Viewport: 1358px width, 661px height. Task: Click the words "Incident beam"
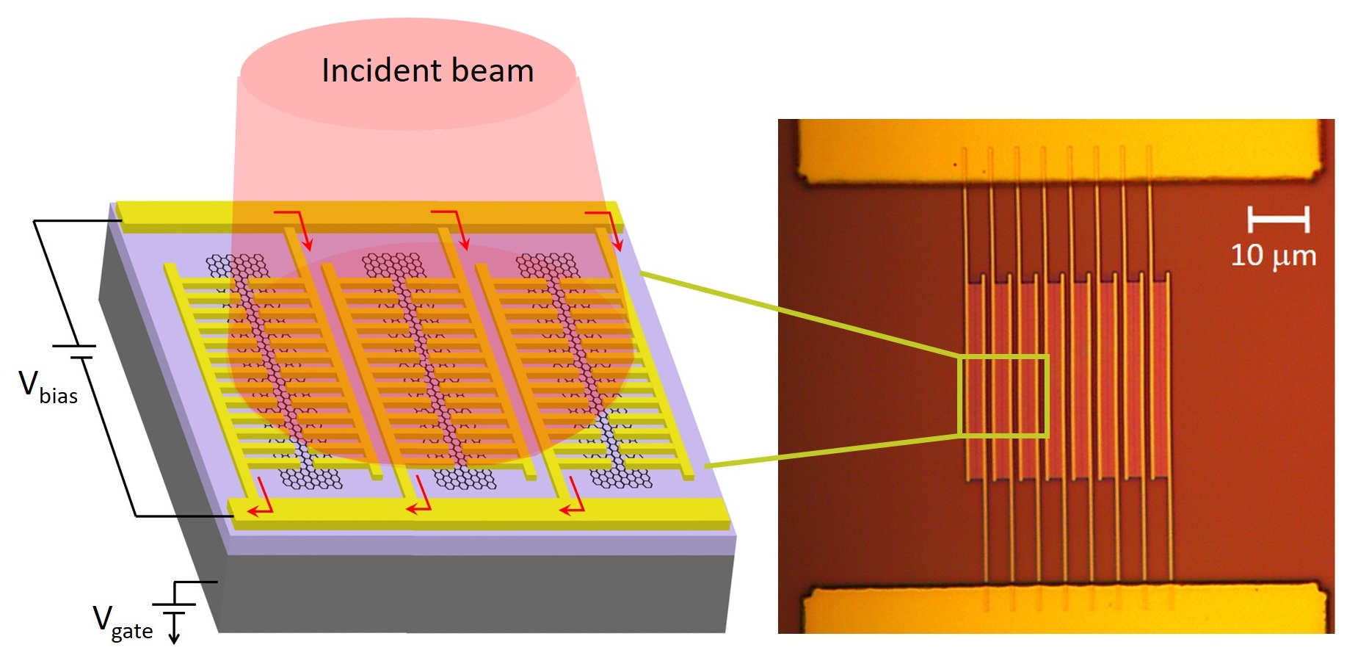click(x=427, y=71)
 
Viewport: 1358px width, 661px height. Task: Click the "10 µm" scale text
click(x=1273, y=256)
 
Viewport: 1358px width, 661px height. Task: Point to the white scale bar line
click(x=1278, y=218)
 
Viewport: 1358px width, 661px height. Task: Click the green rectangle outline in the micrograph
click(x=1003, y=357)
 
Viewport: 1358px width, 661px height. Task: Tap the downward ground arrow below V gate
click(x=174, y=632)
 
